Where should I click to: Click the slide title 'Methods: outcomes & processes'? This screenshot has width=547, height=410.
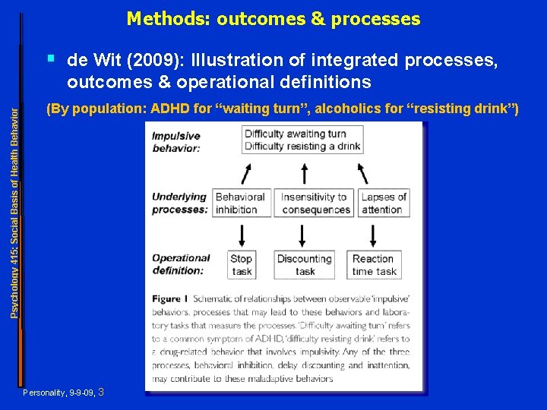[273, 18]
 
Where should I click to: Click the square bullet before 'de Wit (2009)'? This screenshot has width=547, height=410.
[50, 56]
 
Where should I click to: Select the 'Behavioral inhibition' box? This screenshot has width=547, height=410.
[241, 203]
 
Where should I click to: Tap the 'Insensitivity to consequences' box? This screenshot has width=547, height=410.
[314, 203]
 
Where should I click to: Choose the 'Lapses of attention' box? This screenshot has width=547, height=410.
[383, 203]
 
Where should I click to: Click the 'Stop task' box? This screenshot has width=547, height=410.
[242, 264]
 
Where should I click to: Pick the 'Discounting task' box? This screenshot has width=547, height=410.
[305, 264]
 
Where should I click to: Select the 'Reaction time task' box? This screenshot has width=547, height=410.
[374, 264]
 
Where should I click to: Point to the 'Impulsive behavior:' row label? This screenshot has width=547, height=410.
[176, 142]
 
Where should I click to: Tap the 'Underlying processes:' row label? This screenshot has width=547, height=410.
[179, 203]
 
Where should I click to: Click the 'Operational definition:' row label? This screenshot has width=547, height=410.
[181, 263]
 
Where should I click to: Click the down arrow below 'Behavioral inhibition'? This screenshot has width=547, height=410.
[242, 233]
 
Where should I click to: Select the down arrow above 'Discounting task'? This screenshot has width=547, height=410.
[303, 233]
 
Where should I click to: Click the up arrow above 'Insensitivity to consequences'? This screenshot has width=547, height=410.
[302, 172]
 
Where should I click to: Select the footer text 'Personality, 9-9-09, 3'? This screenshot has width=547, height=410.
[64, 393]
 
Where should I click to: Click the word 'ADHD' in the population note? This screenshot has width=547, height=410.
[171, 109]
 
